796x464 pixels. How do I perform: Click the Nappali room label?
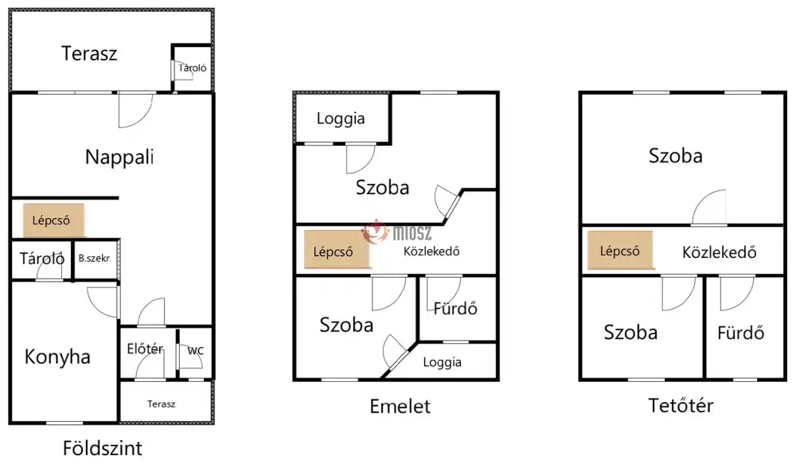[119, 158]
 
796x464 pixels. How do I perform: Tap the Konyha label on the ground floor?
[57, 357]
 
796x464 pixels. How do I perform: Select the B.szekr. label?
[95, 259]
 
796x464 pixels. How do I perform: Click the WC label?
[196, 351]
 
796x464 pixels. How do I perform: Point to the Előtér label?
[145, 349]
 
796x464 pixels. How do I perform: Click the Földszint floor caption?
[103, 448]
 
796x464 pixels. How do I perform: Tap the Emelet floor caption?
[400, 406]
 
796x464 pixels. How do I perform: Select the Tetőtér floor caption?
[681, 405]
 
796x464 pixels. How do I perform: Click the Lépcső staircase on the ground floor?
[53, 220]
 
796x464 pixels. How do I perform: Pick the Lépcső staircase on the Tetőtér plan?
[620, 250]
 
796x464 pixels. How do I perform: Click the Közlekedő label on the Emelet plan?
[431, 251]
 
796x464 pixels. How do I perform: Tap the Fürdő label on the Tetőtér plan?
[740, 333]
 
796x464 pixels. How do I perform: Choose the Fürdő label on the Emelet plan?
[455, 309]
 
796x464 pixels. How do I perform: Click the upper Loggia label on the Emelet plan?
[341, 119]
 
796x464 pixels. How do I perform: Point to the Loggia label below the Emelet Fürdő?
[442, 362]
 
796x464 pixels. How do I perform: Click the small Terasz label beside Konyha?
[162, 404]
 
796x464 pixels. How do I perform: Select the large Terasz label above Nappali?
[89, 53]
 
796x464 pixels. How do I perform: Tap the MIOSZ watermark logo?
[396, 233]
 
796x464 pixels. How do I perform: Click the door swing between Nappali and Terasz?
[135, 110]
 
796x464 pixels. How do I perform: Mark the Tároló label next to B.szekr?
[42, 259]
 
